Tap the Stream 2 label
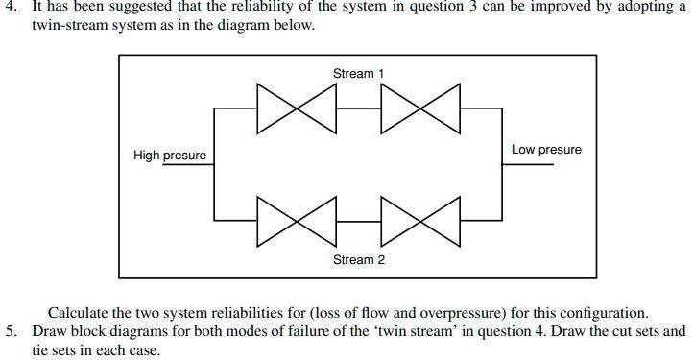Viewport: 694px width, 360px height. coord(359,260)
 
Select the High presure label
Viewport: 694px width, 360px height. coord(170,156)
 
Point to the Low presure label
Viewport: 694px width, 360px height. coord(546,150)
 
